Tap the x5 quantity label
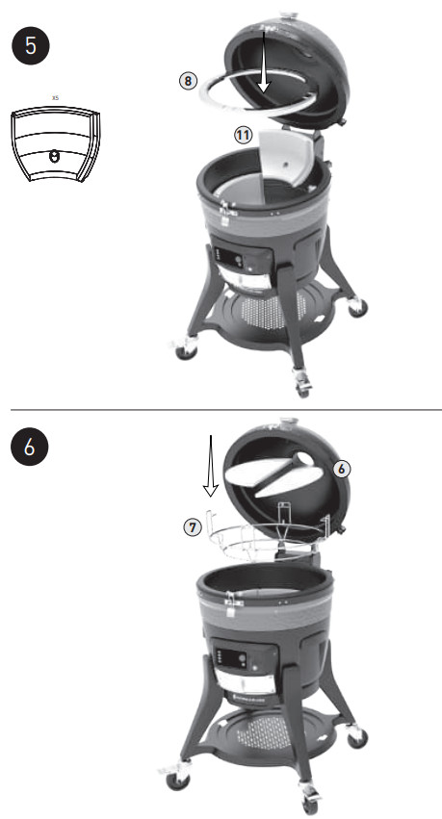(x=54, y=97)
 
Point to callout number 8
(x=189, y=81)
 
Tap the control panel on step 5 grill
(x=237, y=260)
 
